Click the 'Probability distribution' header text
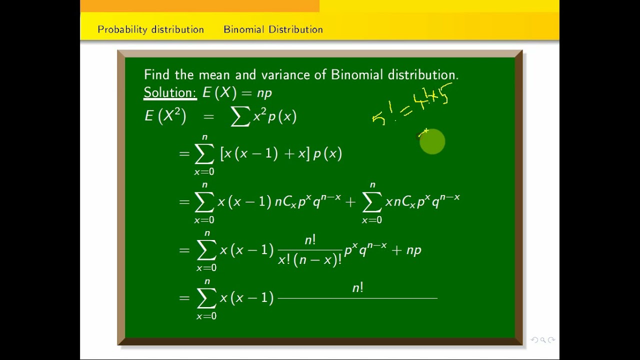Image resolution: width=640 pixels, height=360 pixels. pyautogui.click(x=150, y=29)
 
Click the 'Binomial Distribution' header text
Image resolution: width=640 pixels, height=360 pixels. pyautogui.click(x=273, y=29)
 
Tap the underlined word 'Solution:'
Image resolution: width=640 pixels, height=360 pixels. pyautogui.click(x=170, y=93)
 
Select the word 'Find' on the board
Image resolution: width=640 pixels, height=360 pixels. pyautogui.click(x=157, y=75)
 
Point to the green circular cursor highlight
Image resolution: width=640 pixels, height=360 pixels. pyautogui.click(x=432, y=142)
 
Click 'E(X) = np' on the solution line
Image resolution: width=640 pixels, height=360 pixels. pyautogui.click(x=237, y=93)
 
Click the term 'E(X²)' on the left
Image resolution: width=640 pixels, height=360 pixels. pyautogui.click(x=165, y=116)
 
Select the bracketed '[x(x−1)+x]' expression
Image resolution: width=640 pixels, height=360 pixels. pyautogui.click(x=264, y=153)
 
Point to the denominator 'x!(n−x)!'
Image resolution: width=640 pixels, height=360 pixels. pyautogui.click(x=309, y=259)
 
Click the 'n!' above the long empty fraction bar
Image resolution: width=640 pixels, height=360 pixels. pyautogui.click(x=357, y=287)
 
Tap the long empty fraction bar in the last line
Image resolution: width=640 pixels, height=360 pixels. pyautogui.click(x=357, y=298)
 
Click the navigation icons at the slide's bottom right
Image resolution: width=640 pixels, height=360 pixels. pyautogui.click(x=543, y=340)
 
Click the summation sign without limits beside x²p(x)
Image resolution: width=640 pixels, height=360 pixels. pyautogui.click(x=240, y=117)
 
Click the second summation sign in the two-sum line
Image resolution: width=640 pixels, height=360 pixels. pyautogui.click(x=371, y=201)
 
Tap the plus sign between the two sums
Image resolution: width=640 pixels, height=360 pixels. pyautogui.click(x=350, y=201)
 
